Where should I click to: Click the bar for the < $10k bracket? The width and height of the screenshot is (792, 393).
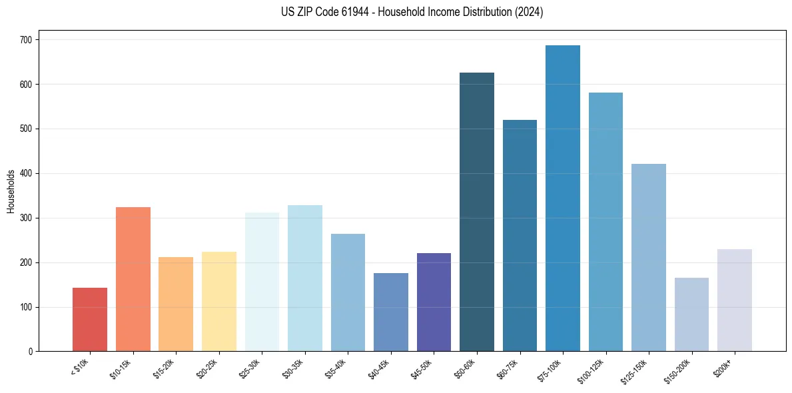(x=90, y=320)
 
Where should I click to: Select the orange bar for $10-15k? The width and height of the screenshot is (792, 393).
(x=133, y=279)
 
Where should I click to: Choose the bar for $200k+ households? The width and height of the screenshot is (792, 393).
(x=735, y=300)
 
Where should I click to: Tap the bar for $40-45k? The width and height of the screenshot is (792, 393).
(x=391, y=312)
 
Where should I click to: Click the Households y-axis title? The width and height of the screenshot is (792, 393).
(x=11, y=191)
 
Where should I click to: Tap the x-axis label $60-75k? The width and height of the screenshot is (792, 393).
(x=508, y=368)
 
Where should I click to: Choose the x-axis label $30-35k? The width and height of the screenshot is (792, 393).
(x=292, y=368)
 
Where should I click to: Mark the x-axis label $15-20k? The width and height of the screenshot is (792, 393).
(x=163, y=368)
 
